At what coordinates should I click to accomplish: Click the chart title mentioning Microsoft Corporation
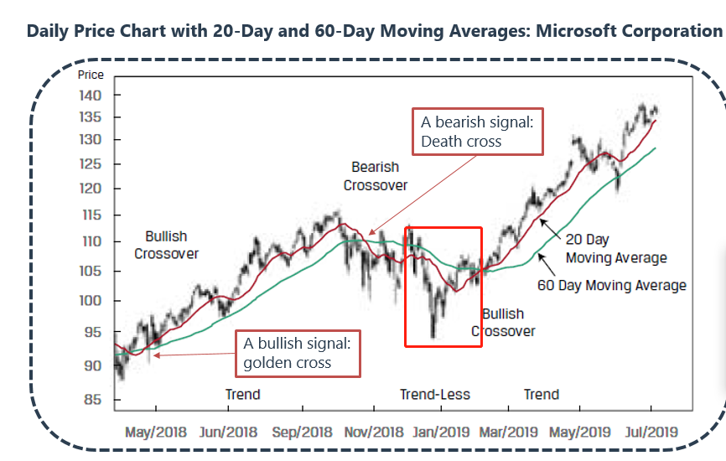pos(375,32)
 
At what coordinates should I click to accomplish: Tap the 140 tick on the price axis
pos(91,96)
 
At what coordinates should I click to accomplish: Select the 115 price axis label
pos(91,215)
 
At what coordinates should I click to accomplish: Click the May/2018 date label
pos(154,433)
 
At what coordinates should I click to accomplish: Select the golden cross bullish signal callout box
pos(298,353)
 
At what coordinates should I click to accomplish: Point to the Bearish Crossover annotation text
pos(375,176)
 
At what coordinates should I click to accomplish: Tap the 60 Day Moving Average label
pos(612,286)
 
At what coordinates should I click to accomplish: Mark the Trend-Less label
pos(434,394)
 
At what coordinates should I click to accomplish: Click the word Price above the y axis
pos(91,75)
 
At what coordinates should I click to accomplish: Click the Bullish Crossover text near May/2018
pos(166,245)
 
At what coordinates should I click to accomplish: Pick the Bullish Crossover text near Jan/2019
pos(503,323)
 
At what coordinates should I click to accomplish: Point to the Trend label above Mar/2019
pos(541,394)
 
